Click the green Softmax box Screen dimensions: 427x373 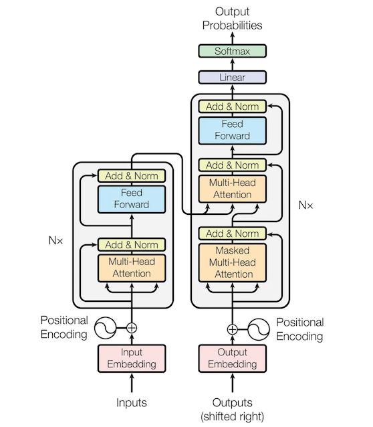pyautogui.click(x=232, y=51)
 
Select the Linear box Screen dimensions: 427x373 pyautogui.click(x=232, y=78)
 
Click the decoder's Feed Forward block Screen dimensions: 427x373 pyautogui.click(x=232, y=130)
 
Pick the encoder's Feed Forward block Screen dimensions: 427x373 pyautogui.click(x=132, y=199)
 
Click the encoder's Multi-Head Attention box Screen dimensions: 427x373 pyautogui.click(x=132, y=268)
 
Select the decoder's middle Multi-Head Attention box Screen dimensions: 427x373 pyautogui.click(x=232, y=188)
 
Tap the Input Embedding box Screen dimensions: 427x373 pyautogui.click(x=132, y=358)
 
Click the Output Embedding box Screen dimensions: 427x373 pyautogui.click(x=232, y=358)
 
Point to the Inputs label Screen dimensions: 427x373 pyautogui.click(x=132, y=402)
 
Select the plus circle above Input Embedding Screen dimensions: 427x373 pyautogui.click(x=132, y=328)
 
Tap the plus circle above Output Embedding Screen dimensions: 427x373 pyautogui.click(x=232, y=329)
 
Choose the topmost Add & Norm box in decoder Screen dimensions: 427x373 pyautogui.click(x=232, y=106)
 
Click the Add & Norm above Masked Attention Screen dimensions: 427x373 pyautogui.click(x=232, y=234)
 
